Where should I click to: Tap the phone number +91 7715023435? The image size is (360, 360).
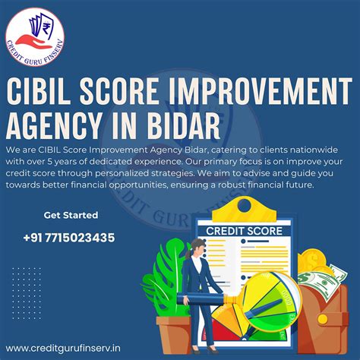coord(79,238)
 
